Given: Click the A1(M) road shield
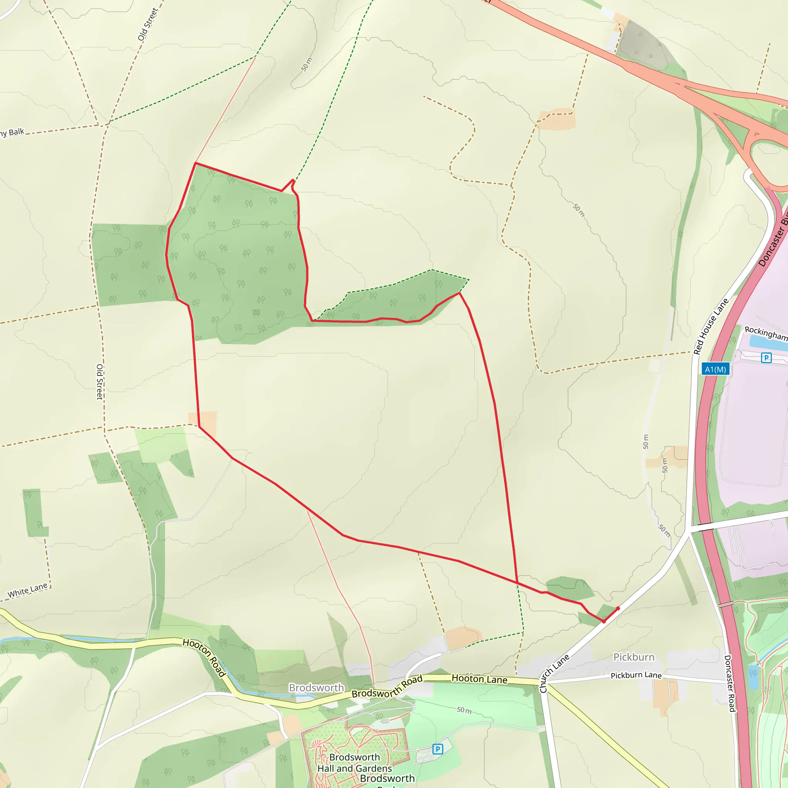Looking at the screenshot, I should pyautogui.click(x=715, y=369).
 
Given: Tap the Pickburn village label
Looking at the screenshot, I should pyautogui.click(x=634, y=657).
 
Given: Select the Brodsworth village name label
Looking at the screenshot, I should pyautogui.click(x=316, y=688).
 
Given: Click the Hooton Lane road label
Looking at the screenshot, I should pyautogui.click(x=479, y=679).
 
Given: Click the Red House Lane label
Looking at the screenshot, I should pyautogui.click(x=711, y=326).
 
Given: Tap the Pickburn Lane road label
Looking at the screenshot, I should pyautogui.click(x=636, y=675).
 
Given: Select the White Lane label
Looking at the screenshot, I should pyautogui.click(x=27, y=590).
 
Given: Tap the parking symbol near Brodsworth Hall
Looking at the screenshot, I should pyautogui.click(x=437, y=749).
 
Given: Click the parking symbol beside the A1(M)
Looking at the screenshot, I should pyautogui.click(x=766, y=358).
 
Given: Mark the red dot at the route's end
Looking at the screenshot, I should pyautogui.click(x=618, y=609).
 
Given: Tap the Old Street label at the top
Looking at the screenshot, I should pyautogui.click(x=147, y=25).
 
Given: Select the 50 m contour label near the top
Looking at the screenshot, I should pyautogui.click(x=307, y=64).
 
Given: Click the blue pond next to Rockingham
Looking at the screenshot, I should pyautogui.click(x=767, y=344).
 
